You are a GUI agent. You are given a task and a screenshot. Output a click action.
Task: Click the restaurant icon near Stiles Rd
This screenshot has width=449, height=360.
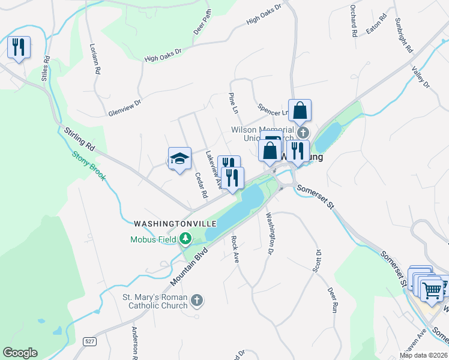(x=19, y=47)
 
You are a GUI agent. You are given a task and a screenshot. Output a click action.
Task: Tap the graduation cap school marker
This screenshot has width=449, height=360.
(x=179, y=158)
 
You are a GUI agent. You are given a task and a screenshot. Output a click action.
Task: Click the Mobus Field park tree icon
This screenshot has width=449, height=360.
(x=186, y=239)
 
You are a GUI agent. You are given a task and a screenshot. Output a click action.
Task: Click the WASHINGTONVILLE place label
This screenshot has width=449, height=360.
(x=175, y=223)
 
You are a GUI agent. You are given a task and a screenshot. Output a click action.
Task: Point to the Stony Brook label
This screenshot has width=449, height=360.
(x=89, y=163)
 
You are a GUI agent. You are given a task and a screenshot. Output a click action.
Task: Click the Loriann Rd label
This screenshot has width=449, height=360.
(x=94, y=58)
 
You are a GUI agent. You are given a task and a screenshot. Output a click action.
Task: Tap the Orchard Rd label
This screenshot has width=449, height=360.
(x=353, y=22)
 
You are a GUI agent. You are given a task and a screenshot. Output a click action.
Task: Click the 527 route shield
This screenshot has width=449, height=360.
(x=90, y=341)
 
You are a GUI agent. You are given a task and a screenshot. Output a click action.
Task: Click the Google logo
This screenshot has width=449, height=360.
(x=20, y=353)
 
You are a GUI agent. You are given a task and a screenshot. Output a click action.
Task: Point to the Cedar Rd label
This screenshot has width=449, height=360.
(x=201, y=185)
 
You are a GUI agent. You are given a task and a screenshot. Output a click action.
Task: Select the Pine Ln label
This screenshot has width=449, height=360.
(x=234, y=103)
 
